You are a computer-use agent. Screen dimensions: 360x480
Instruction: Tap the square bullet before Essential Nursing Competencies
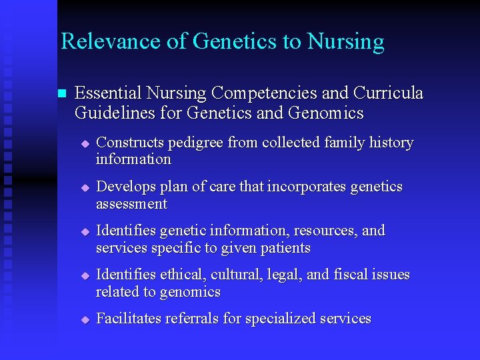point(63,94)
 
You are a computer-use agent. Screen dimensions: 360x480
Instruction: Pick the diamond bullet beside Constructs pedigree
point(85,144)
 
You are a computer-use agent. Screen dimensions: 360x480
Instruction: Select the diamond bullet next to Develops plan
point(85,188)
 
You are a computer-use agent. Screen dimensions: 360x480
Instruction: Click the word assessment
point(131,204)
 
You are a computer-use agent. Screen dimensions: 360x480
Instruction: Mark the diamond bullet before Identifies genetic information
point(85,232)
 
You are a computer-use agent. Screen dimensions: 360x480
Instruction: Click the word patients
point(287,248)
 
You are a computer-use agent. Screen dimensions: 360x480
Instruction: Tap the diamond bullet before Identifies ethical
point(85,276)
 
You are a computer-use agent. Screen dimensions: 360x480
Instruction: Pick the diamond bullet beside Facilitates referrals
point(85,320)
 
